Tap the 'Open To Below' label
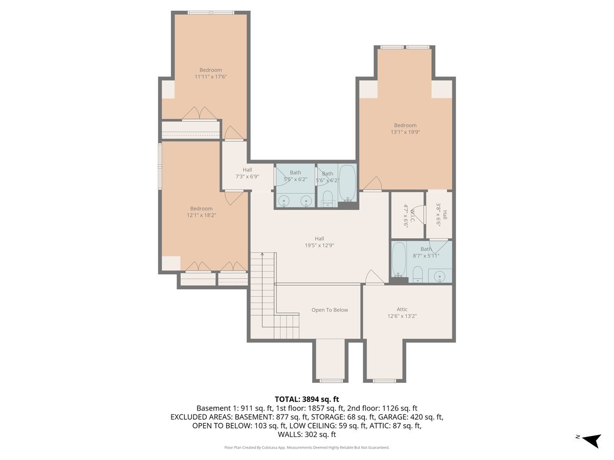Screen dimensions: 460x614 pyautogui.click(x=330, y=310)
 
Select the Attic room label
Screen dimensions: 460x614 pyautogui.click(x=402, y=309)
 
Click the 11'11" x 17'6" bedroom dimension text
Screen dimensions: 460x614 pyautogui.click(x=210, y=77)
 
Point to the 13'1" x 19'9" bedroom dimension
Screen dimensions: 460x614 pyautogui.click(x=405, y=132)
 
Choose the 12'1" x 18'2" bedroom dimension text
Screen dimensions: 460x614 pyautogui.click(x=201, y=215)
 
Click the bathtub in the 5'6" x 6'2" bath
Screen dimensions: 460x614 pyautogui.click(x=347, y=183)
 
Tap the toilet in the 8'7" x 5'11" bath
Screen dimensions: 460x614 pyautogui.click(x=418, y=273)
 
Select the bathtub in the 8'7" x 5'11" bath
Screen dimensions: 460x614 pyautogui.click(x=399, y=260)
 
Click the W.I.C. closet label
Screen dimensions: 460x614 pyautogui.click(x=407, y=215)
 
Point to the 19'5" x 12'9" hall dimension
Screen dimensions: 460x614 pyautogui.click(x=319, y=245)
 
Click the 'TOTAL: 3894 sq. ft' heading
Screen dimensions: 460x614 pyautogui.click(x=306, y=399)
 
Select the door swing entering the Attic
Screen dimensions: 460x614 pyautogui.click(x=374, y=277)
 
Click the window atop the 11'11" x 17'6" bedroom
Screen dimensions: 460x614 pyautogui.click(x=210, y=12)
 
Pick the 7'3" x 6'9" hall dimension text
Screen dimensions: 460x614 pyautogui.click(x=247, y=176)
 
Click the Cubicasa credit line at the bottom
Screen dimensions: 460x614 pyautogui.click(x=306, y=447)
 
